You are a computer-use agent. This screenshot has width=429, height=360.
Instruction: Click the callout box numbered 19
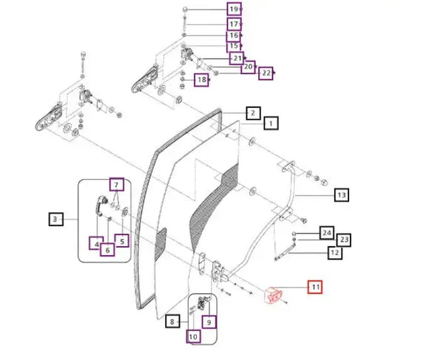coord(234,10)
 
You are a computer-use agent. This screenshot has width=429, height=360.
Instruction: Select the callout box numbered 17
coord(234,24)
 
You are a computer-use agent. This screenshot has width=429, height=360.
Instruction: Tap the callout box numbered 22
coord(266,73)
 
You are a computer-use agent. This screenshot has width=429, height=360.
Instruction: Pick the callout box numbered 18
coord(201,80)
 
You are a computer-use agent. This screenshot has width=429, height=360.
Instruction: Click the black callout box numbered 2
coord(253,113)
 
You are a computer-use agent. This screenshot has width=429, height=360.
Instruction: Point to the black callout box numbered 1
coord(271,123)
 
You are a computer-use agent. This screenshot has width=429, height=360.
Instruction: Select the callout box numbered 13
coord(342,195)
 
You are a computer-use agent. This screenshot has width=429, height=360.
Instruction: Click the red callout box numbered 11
coord(315,287)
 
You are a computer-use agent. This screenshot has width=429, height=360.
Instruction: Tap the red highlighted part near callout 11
coord(273,295)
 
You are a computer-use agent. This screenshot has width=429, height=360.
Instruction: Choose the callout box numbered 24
coord(327,233)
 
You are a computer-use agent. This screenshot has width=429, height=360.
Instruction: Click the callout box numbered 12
coord(335,253)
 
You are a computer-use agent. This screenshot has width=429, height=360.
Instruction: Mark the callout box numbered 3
coord(56,219)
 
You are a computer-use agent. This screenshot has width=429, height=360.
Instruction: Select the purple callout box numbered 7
coord(117,185)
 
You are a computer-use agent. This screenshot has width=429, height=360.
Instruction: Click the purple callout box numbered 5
coord(122,241)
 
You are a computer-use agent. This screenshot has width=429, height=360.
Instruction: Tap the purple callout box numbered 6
coord(107,250)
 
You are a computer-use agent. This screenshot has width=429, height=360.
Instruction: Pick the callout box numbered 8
coord(172,322)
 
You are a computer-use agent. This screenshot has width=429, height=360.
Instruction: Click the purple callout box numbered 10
coord(193,336)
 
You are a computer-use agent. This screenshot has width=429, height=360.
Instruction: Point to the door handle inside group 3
coord(101,206)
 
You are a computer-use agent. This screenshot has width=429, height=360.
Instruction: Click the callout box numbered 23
coord(344,240)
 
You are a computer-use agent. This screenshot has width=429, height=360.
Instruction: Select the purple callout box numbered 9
coord(209,322)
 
